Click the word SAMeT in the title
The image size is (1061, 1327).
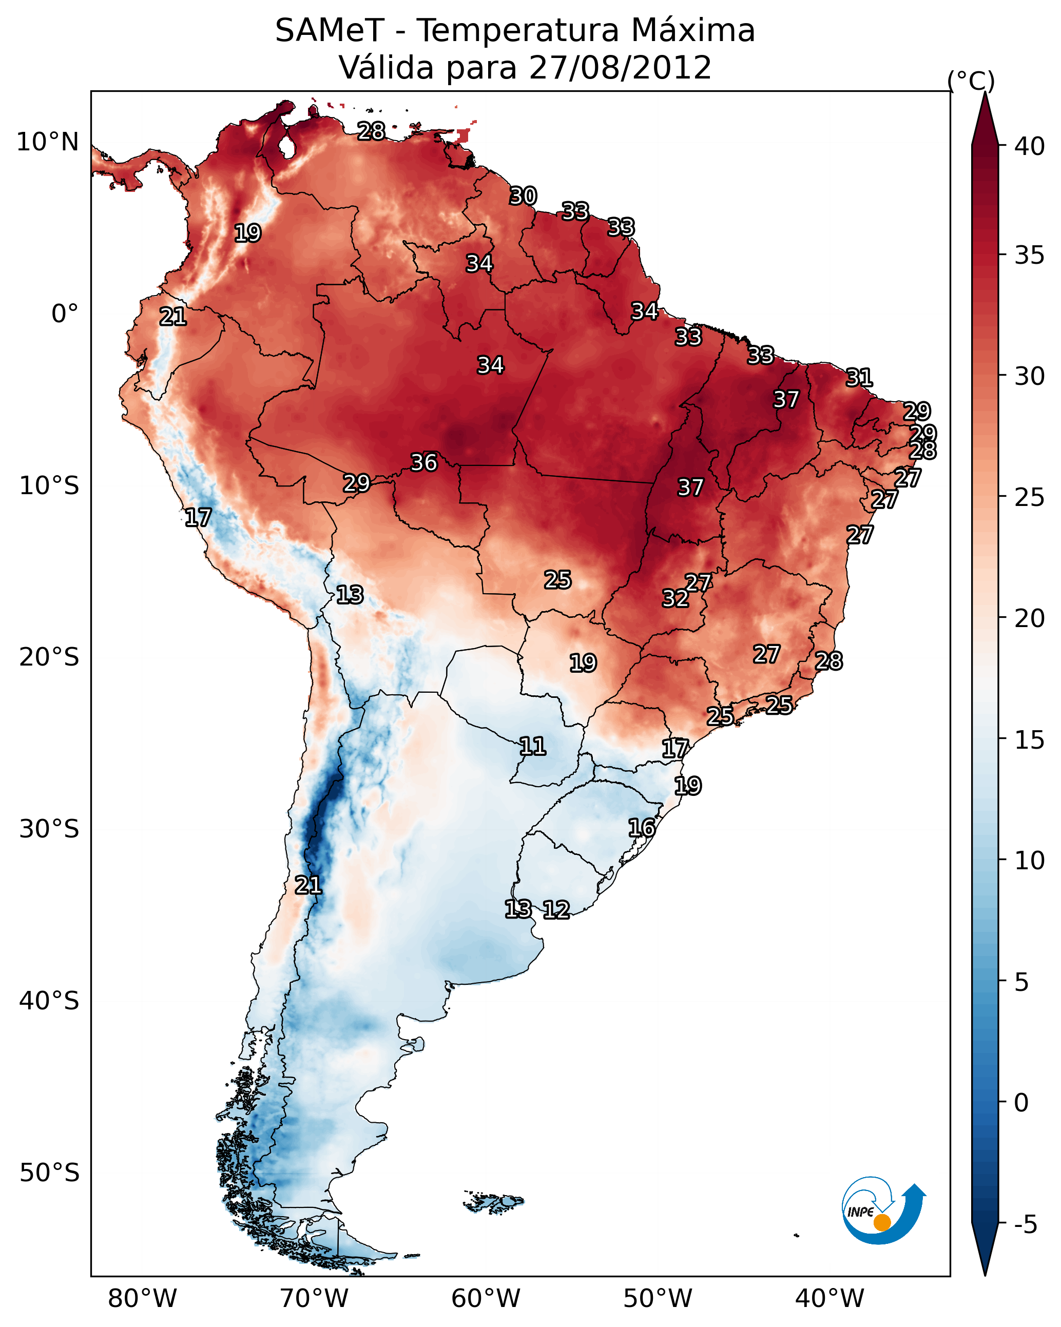click(x=330, y=31)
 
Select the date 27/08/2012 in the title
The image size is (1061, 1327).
click(x=620, y=68)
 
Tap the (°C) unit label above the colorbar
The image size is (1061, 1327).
click(x=971, y=81)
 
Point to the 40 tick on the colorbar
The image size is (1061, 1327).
click(x=1029, y=146)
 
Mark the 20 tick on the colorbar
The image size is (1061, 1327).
click(x=1029, y=618)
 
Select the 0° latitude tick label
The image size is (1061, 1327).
click(x=65, y=314)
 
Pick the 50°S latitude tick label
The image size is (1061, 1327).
click(x=49, y=1173)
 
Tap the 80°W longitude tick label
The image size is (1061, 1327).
click(x=142, y=1299)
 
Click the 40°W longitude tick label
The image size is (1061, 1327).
click(x=829, y=1299)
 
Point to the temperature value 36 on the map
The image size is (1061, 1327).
click(x=425, y=462)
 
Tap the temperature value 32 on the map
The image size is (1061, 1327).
click(x=676, y=598)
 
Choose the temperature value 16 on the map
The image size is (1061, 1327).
click(x=642, y=828)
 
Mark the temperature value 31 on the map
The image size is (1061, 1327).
click(x=859, y=377)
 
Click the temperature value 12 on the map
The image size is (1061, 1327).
click(x=556, y=910)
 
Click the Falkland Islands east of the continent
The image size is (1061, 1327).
click(x=494, y=1201)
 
